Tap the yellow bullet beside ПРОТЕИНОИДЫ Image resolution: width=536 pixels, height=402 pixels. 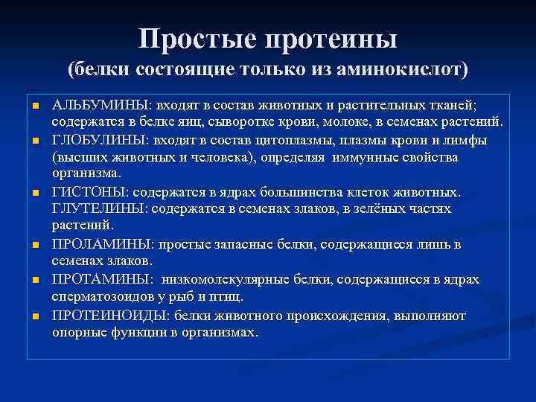tap(33, 316)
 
